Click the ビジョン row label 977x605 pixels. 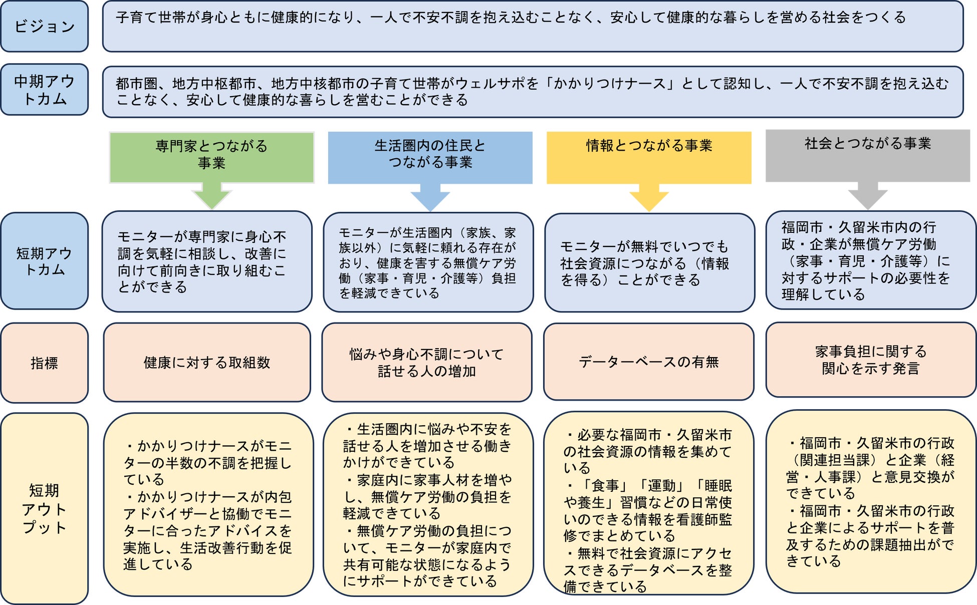pyautogui.click(x=45, y=27)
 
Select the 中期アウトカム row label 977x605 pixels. pyautogui.click(x=45, y=90)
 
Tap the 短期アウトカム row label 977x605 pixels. pyautogui.click(x=45, y=261)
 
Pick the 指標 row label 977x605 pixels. pyautogui.click(x=45, y=363)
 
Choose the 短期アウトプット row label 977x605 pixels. pyautogui.click(x=45, y=508)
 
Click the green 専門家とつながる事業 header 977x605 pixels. pyautogui.click(x=211, y=157)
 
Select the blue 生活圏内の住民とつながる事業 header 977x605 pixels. pyautogui.click(x=430, y=157)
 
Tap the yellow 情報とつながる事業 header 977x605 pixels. pyautogui.click(x=649, y=157)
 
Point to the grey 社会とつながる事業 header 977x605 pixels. pyautogui.click(x=868, y=155)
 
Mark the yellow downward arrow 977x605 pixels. pyautogui.click(x=649, y=197)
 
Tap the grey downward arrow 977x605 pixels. pyautogui.click(x=868, y=196)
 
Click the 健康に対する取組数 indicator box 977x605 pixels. pyautogui.click(x=207, y=362)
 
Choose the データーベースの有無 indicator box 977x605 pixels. pyautogui.click(x=649, y=362)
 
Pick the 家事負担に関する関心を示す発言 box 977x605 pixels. pyautogui.click(x=871, y=360)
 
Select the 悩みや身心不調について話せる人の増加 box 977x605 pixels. pyautogui.click(x=427, y=362)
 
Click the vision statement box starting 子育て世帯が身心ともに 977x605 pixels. pyautogui.click(x=533, y=27)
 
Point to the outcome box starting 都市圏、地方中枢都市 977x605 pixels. pyautogui.click(x=533, y=92)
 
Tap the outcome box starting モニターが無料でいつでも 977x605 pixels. pyautogui.click(x=649, y=263)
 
